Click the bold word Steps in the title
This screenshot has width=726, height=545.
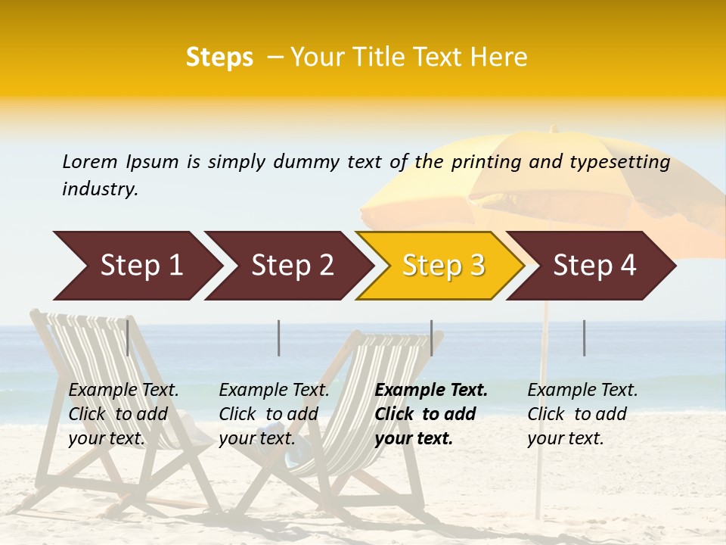click(x=219, y=58)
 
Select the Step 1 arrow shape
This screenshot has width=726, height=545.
click(x=136, y=266)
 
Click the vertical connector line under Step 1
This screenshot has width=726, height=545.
click(x=128, y=338)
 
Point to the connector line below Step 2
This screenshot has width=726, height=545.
click(x=279, y=338)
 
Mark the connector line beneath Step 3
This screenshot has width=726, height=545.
click(x=432, y=338)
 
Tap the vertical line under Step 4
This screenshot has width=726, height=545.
click(x=584, y=338)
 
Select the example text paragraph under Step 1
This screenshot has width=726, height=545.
click(x=123, y=414)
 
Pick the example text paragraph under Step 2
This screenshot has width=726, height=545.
click(x=274, y=414)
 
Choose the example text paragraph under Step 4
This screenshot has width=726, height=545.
click(x=582, y=414)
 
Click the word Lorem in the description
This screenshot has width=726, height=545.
click(x=89, y=162)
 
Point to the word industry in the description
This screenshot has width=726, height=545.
click(x=100, y=189)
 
